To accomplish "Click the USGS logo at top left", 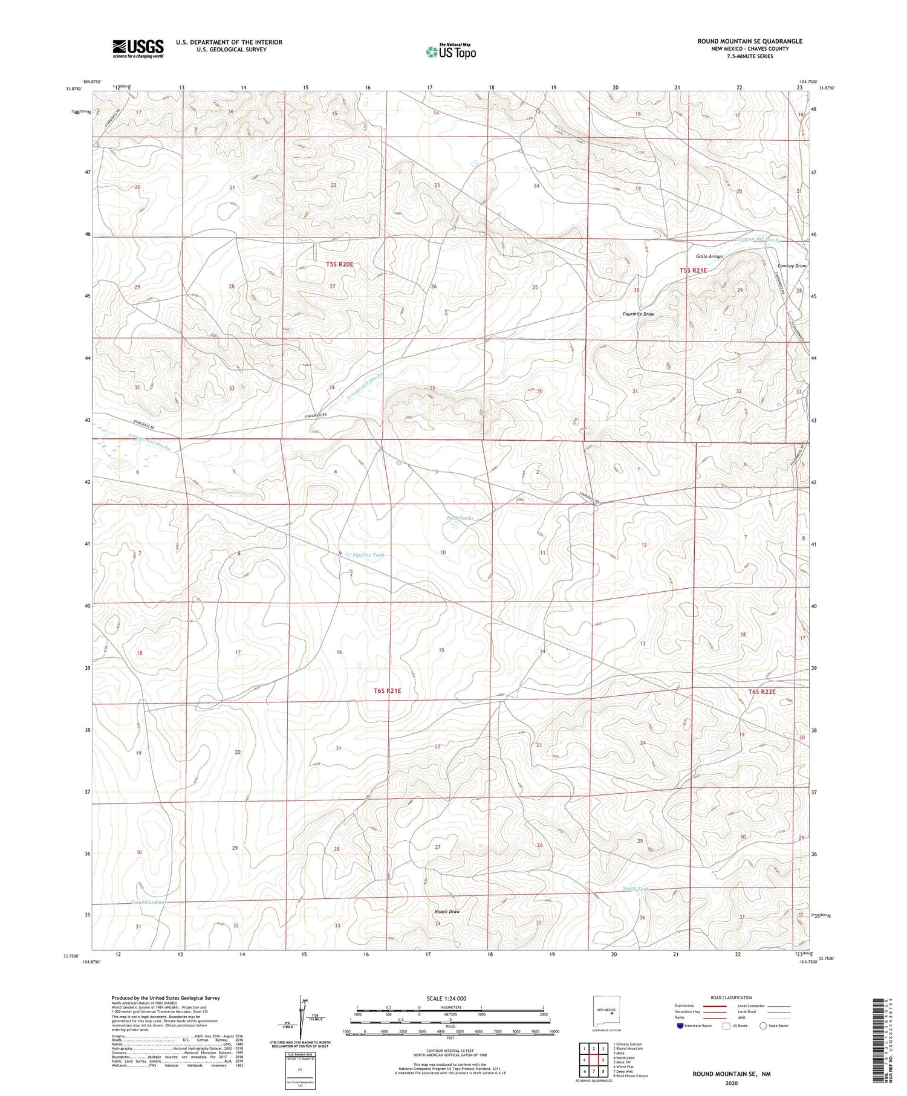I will coord(138,48).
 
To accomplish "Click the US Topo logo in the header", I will coord(450,51).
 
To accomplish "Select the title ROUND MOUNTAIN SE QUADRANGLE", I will coord(750,41).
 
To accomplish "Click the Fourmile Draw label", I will coord(639,314).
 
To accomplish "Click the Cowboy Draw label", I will coord(792,266).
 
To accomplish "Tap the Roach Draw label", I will coord(447,911).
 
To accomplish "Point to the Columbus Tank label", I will coord(149,902).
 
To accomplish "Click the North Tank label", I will coord(636,889).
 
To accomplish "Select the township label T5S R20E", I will coord(339,264).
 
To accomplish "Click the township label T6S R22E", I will coord(761,692).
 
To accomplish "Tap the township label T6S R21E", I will coord(388,690).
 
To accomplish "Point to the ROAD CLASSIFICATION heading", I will coord(732,997).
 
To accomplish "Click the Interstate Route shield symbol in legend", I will coord(681,1026).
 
